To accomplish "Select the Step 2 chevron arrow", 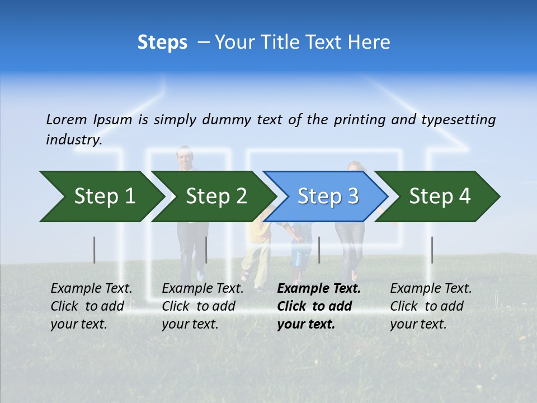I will click(215, 196).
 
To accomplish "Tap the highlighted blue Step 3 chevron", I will click(327, 196).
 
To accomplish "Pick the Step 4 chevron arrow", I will click(439, 196).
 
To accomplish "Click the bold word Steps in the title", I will click(162, 43).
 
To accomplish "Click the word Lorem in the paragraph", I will click(67, 120).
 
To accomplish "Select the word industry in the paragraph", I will click(73, 140).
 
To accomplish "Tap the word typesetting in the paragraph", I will click(458, 120).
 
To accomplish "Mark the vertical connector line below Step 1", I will click(95, 250).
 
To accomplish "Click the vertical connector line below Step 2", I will click(206, 250).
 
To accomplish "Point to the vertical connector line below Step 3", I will click(319, 250).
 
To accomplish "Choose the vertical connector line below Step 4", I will click(432, 250).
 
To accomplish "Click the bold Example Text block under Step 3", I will click(318, 306).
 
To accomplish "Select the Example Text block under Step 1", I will click(91, 306).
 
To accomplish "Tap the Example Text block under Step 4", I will click(431, 306).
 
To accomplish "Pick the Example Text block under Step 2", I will click(202, 306).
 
